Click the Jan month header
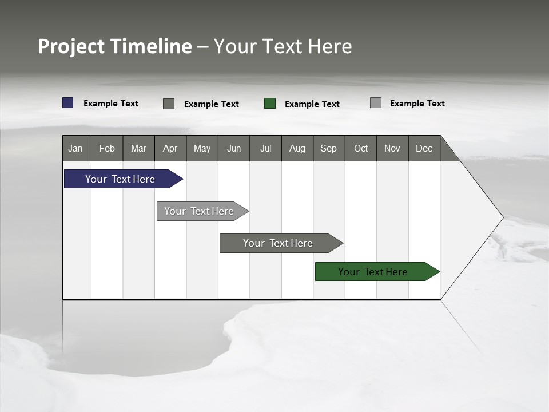tap(76, 148)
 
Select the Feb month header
tap(107, 148)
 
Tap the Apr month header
tap(170, 148)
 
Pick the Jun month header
tap(234, 148)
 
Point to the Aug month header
tap(297, 148)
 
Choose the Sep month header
tap(329, 148)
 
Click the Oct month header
tap(361, 148)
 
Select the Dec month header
tap(424, 148)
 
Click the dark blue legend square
tap(68, 103)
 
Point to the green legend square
tap(270, 104)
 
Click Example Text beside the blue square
tap(111, 104)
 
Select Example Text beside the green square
tap(312, 104)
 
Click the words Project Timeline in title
tap(115, 46)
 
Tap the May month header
tap(202, 148)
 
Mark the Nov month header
tap(392, 148)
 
